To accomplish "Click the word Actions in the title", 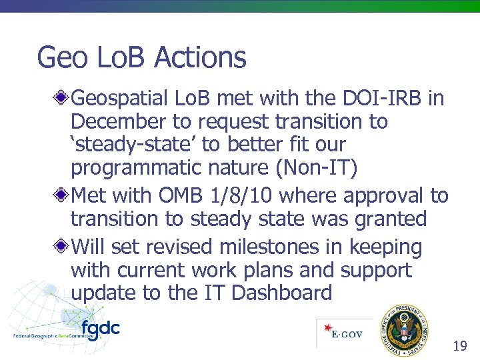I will click(200, 57).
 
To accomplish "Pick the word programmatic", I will click(139, 169).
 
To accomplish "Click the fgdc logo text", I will click(100, 328).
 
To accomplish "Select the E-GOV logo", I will click(344, 333).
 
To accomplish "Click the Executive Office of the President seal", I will click(405, 330).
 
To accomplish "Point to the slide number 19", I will click(459, 345).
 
